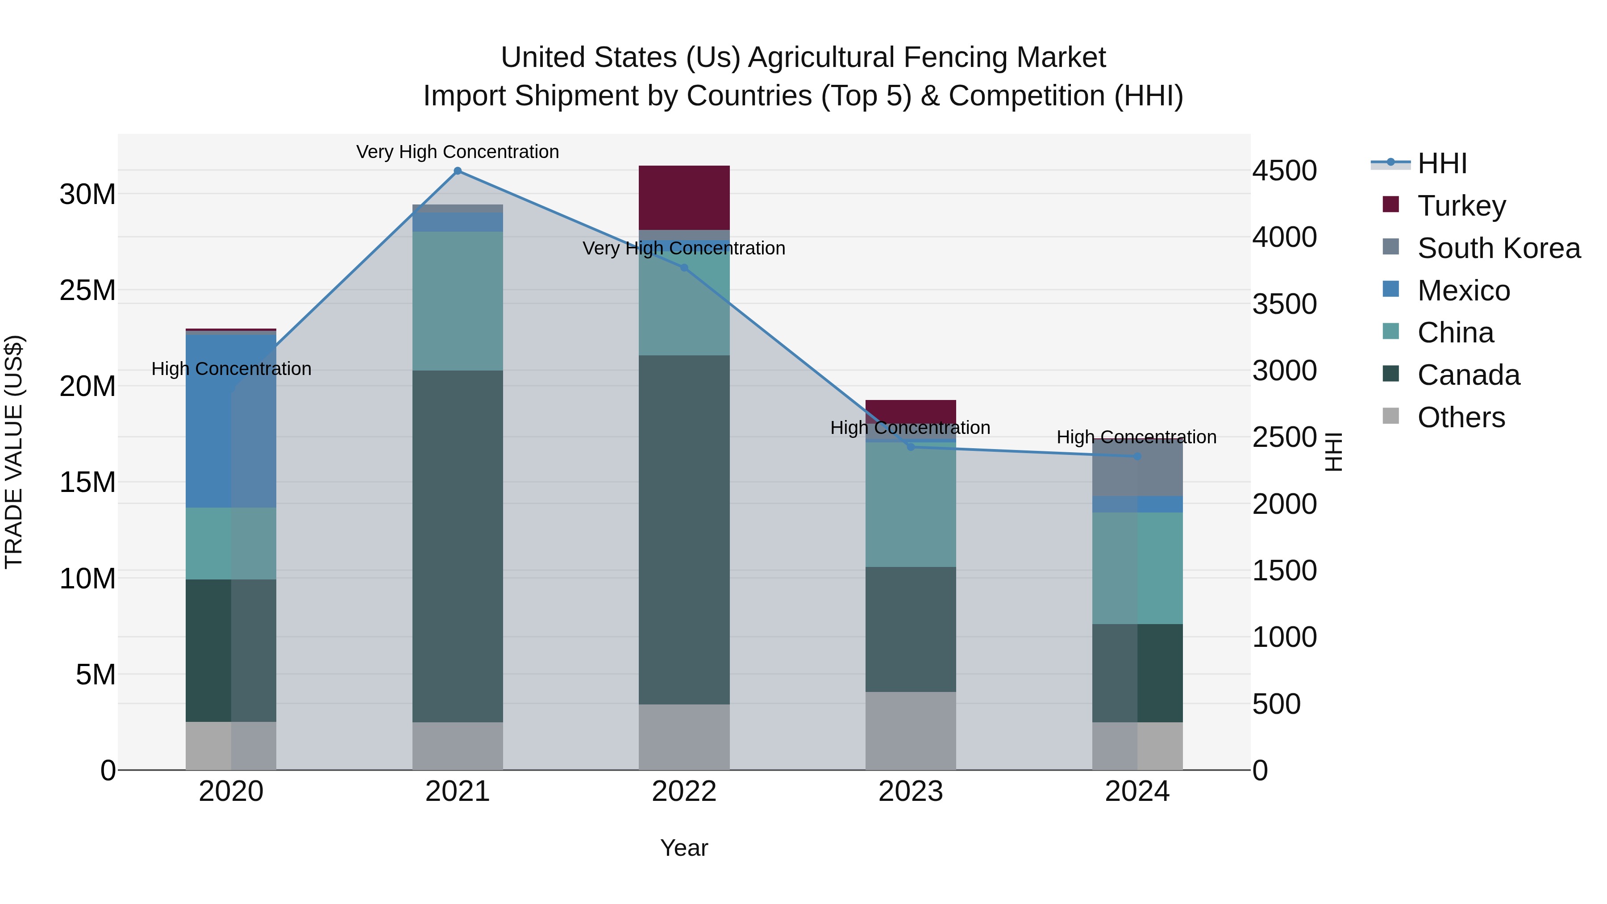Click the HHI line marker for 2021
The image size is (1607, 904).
pyautogui.click(x=457, y=171)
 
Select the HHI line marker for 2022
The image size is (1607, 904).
pyautogui.click(x=684, y=268)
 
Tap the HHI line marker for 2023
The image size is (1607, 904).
pyautogui.click(x=910, y=447)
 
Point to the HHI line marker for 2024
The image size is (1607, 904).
pyautogui.click(x=1137, y=457)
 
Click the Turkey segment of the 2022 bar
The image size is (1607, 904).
pyautogui.click(x=684, y=198)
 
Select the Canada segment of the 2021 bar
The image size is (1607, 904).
pyautogui.click(x=457, y=546)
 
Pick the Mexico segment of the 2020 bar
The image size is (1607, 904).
pyautogui.click(x=231, y=421)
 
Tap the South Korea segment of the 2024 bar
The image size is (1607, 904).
pyautogui.click(x=1137, y=468)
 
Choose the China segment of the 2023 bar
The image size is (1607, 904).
pyautogui.click(x=910, y=504)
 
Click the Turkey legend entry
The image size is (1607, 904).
pyautogui.click(x=1461, y=206)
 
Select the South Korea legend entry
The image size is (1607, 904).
pyautogui.click(x=1499, y=248)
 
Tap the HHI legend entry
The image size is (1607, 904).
pyautogui.click(x=1442, y=163)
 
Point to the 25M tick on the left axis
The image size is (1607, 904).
pyautogui.click(x=87, y=290)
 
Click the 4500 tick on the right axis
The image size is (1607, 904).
pyautogui.click(x=1284, y=171)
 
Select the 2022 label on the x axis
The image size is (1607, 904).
pyautogui.click(x=684, y=792)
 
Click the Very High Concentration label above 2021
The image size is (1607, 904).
pyautogui.click(x=457, y=152)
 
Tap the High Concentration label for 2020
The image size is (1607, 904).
pyautogui.click(x=231, y=369)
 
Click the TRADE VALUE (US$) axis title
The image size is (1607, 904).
pyautogui.click(x=14, y=452)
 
